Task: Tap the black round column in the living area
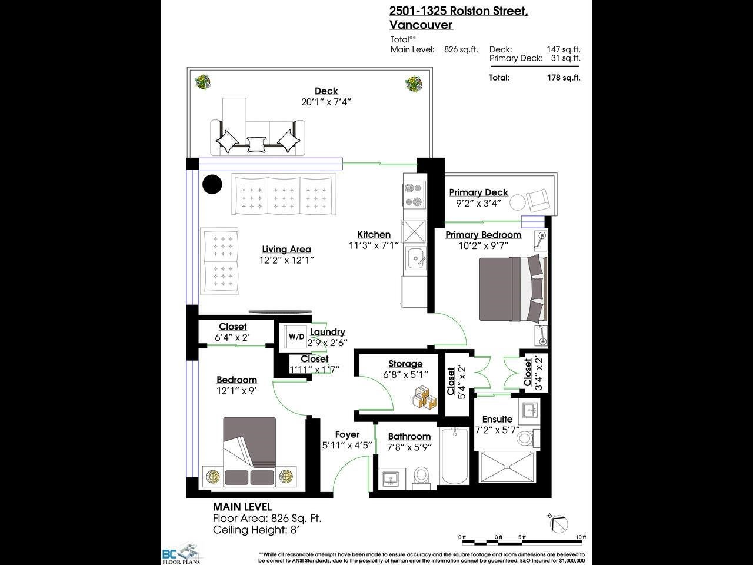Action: (x=212, y=184)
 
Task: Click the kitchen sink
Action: (x=415, y=258)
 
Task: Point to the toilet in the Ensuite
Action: (x=525, y=438)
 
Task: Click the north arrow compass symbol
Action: (x=558, y=523)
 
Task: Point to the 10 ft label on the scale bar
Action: (x=581, y=537)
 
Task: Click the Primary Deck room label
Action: (x=478, y=192)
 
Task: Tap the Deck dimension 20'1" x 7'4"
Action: (x=326, y=102)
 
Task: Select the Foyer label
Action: (x=347, y=434)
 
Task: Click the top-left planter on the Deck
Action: (x=203, y=82)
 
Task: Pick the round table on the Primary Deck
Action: (x=517, y=202)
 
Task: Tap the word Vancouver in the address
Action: (x=421, y=25)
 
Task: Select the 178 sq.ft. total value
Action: (x=564, y=78)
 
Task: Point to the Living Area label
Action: (x=286, y=250)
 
